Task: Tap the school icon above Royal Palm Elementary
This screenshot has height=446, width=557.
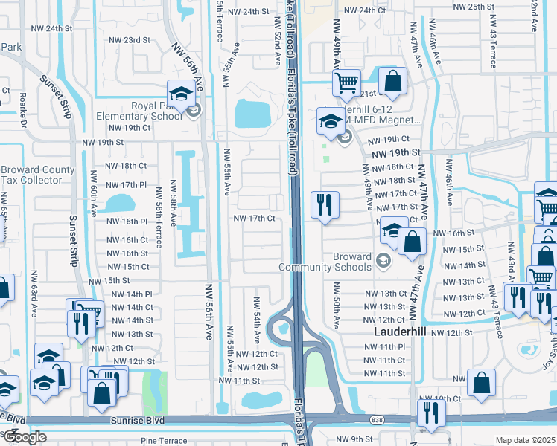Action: pos(181,93)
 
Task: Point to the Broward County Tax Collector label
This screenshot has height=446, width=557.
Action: pos(37,175)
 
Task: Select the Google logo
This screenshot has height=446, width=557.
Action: pos(24,437)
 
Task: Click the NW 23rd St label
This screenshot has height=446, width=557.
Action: pos(130,40)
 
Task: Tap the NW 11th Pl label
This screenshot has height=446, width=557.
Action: pos(384,347)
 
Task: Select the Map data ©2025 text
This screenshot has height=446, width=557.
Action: pos(525,440)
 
